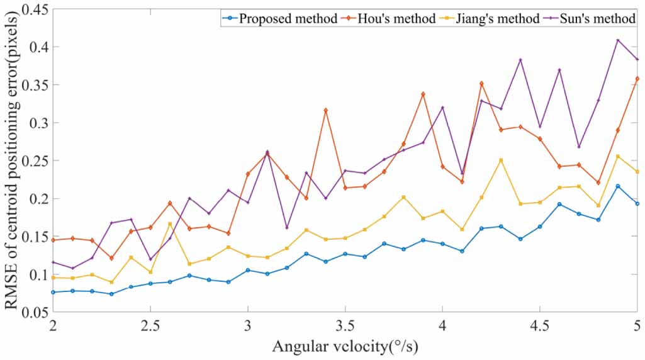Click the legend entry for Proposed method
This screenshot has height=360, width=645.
click(x=287, y=19)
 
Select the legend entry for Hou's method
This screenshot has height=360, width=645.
click(x=391, y=19)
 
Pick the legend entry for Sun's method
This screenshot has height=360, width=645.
click(x=598, y=19)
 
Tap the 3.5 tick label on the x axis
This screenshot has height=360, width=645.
click(x=345, y=327)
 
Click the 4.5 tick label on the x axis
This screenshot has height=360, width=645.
click(x=539, y=327)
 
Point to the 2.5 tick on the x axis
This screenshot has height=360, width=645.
click(x=150, y=327)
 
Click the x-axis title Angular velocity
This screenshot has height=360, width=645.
click(x=345, y=347)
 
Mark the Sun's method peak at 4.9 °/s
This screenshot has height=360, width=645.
click(x=618, y=40)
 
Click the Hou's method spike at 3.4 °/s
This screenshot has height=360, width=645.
click(x=326, y=110)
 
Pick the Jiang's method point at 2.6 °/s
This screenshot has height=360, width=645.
click(x=170, y=224)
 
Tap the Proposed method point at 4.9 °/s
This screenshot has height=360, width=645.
click(x=618, y=186)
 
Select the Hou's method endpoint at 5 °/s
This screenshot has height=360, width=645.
click(x=637, y=79)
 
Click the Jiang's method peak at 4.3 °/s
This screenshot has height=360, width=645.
click(x=501, y=160)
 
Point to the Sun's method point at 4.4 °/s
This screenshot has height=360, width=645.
click(x=520, y=60)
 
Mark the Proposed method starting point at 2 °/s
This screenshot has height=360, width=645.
click(x=53, y=292)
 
